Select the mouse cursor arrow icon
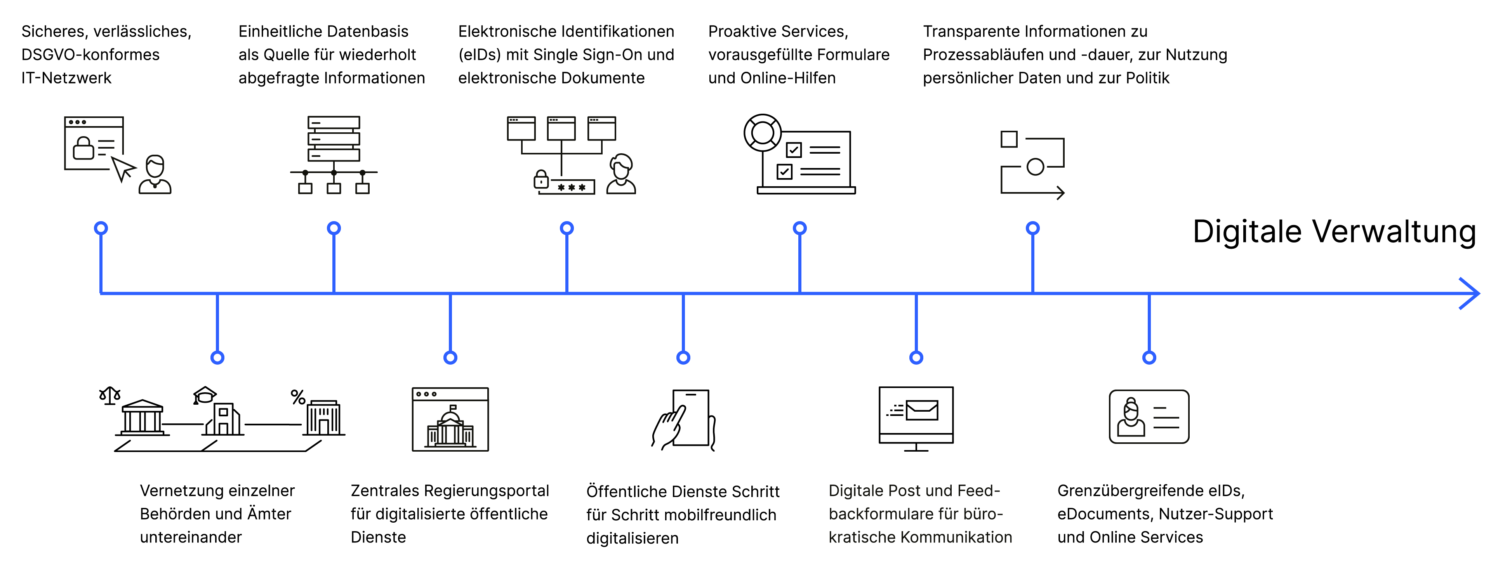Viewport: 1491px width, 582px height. coord(123,168)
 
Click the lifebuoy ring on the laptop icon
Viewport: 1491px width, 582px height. coord(762,132)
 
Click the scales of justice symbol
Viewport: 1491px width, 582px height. coord(109,396)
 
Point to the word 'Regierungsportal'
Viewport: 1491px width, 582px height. coord(486,490)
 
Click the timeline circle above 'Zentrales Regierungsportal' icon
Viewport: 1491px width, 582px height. coord(450,357)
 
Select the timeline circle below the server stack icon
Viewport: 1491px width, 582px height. coord(334,228)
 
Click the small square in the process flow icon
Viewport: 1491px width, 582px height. coord(1009,139)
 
